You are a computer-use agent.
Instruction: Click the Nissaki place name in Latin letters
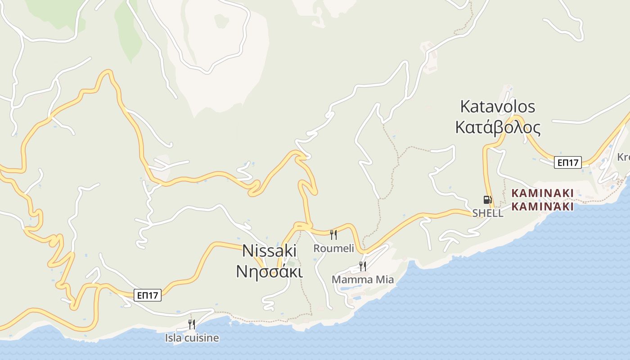(x=270, y=251)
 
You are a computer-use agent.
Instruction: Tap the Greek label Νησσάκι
(x=270, y=271)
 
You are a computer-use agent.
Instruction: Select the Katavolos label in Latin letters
(x=497, y=107)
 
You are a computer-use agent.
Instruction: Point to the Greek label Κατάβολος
(x=497, y=128)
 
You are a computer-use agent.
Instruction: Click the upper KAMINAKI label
(x=542, y=193)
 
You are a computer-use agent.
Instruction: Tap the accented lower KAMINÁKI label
(x=542, y=207)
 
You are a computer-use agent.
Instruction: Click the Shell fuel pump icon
(x=487, y=199)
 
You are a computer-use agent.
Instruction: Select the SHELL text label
(x=488, y=213)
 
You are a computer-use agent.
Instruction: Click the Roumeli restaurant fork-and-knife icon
(x=333, y=234)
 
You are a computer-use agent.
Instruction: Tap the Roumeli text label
(x=334, y=248)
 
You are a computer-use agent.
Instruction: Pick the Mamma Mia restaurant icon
(x=362, y=266)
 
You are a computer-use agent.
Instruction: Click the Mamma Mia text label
(x=363, y=279)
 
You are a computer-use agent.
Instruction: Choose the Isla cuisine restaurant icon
(x=192, y=324)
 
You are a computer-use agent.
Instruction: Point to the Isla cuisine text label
(x=192, y=337)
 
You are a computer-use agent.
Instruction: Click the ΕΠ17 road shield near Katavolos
(x=567, y=162)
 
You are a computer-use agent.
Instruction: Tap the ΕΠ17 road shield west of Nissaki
(x=148, y=295)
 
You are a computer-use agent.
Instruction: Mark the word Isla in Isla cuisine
(x=171, y=337)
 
